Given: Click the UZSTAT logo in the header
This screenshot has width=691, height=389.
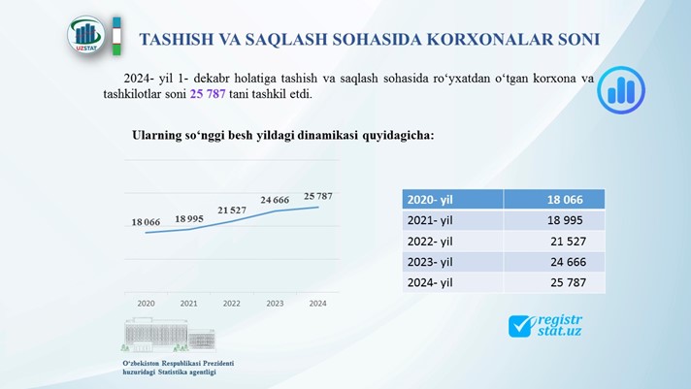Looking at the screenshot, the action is (x=86, y=35).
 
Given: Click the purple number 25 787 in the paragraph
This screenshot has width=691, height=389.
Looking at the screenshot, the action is (x=208, y=94).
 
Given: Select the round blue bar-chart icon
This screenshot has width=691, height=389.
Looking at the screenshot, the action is (x=621, y=90).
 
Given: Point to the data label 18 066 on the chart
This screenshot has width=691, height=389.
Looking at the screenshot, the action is (x=146, y=222).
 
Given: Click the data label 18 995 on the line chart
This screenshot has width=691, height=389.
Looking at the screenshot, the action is (x=189, y=218).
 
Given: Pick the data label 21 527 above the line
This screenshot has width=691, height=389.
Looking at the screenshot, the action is (x=232, y=211).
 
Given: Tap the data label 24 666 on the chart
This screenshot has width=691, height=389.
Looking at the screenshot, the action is (x=275, y=200).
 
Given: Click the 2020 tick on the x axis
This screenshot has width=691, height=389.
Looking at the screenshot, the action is (x=146, y=303).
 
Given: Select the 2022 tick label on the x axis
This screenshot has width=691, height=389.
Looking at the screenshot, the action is (x=232, y=303).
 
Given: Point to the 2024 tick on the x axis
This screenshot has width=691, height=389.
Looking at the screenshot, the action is (x=317, y=303).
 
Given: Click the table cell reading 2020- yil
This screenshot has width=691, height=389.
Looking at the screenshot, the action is (x=452, y=200).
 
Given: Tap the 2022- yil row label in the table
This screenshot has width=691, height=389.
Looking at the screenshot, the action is (x=430, y=242).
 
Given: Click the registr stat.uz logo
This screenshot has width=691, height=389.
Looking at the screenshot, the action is (x=545, y=326).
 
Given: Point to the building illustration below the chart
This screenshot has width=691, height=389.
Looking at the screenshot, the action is (x=169, y=335).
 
